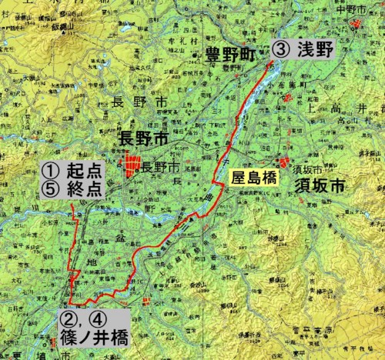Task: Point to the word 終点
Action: (84, 189)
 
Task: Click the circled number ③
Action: (280, 49)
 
